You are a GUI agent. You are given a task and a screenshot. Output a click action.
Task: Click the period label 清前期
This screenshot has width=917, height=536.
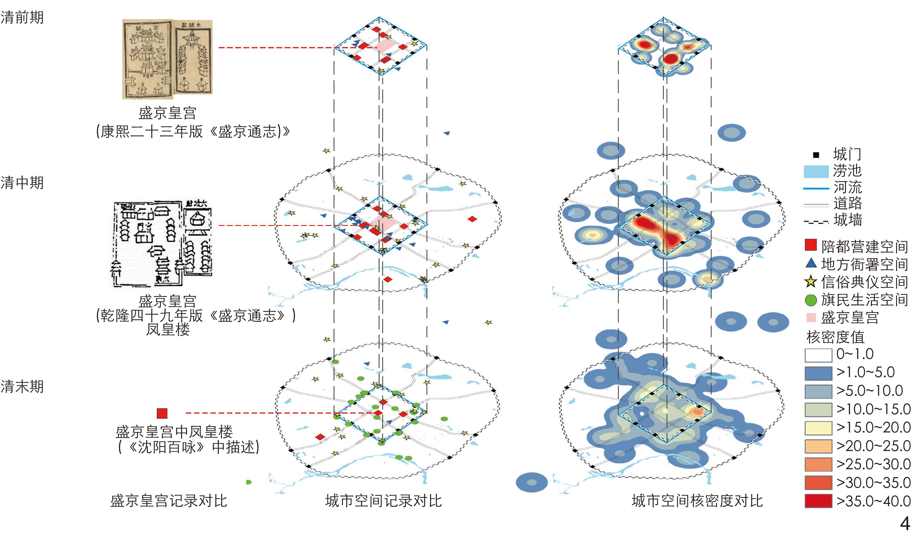pyautogui.click(x=22, y=17)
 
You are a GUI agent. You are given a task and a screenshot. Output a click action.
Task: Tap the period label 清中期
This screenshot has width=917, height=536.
pyautogui.click(x=22, y=182)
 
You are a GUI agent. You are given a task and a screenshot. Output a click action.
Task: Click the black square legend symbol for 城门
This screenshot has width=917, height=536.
pyautogui.click(x=816, y=155)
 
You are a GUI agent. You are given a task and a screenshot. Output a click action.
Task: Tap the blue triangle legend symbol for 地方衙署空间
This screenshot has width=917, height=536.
pyautogui.click(x=811, y=263)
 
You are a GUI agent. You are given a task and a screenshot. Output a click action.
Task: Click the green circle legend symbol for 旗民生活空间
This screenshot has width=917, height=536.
pyautogui.click(x=811, y=300)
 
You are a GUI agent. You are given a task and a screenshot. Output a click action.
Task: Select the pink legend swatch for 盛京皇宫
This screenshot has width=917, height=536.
pyautogui.click(x=811, y=317)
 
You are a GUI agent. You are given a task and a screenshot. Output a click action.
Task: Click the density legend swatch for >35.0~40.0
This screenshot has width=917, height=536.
pyautogui.click(x=818, y=501)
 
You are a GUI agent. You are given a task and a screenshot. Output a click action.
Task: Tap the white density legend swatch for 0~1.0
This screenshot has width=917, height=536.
pyautogui.click(x=818, y=355)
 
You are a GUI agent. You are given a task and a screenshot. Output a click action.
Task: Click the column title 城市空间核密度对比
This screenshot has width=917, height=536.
pyautogui.click(x=697, y=501)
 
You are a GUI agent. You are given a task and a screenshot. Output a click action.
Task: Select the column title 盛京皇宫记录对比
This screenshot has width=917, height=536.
pyautogui.click(x=169, y=501)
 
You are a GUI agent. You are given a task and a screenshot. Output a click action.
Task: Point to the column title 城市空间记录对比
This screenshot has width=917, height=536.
pyautogui.click(x=383, y=501)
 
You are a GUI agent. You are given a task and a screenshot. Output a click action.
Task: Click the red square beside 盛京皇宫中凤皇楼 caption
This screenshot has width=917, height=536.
pyautogui.click(x=162, y=413)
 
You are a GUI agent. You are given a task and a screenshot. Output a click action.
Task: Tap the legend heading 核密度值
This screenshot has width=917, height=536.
pyautogui.click(x=835, y=337)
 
